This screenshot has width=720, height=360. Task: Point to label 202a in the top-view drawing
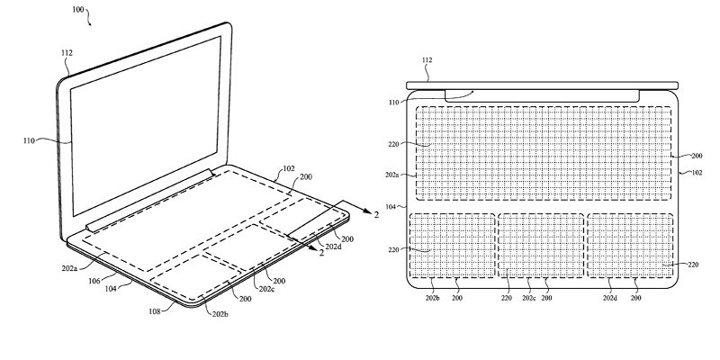[x=392, y=175]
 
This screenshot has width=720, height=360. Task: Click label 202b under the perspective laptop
[x=220, y=313]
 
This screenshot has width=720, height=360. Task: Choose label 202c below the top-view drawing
[x=528, y=298]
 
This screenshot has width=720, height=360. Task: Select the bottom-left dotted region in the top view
[x=452, y=245]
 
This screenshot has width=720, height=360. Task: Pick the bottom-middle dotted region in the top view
[x=540, y=245]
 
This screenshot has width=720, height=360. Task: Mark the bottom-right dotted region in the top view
[x=629, y=245]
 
